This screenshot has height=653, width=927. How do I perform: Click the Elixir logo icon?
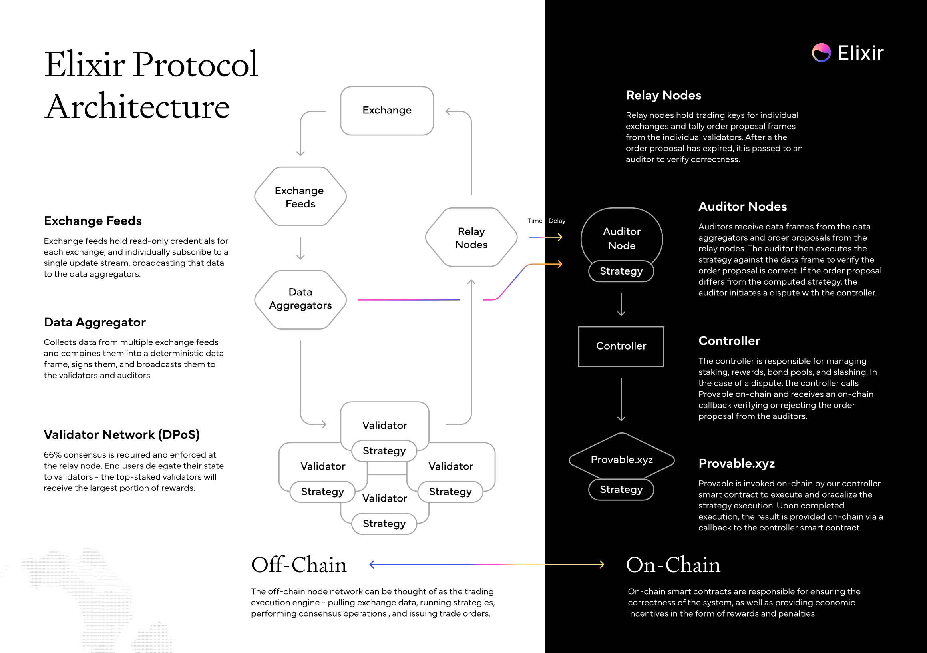click(x=821, y=52)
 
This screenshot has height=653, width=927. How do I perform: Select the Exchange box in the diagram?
click(x=387, y=110)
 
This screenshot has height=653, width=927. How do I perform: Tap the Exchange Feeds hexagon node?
click(x=300, y=197)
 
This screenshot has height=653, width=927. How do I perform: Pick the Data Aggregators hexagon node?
click(x=300, y=299)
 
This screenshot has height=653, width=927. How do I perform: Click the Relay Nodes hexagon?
click(x=471, y=237)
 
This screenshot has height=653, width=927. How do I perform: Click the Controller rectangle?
click(x=621, y=346)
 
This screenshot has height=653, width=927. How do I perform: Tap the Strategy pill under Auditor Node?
click(x=621, y=271)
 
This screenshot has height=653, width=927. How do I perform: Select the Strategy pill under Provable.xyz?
click(x=621, y=490)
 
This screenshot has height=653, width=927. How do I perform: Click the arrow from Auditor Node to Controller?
click(x=621, y=304)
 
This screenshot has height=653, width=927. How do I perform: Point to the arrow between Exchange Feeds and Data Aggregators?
click(x=300, y=248)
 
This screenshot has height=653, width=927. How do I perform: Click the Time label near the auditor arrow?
click(x=535, y=221)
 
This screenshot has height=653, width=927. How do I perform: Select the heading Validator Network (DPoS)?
click(x=121, y=434)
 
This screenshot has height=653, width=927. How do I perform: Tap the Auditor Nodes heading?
click(x=742, y=206)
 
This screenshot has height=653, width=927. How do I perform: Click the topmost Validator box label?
click(x=384, y=425)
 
